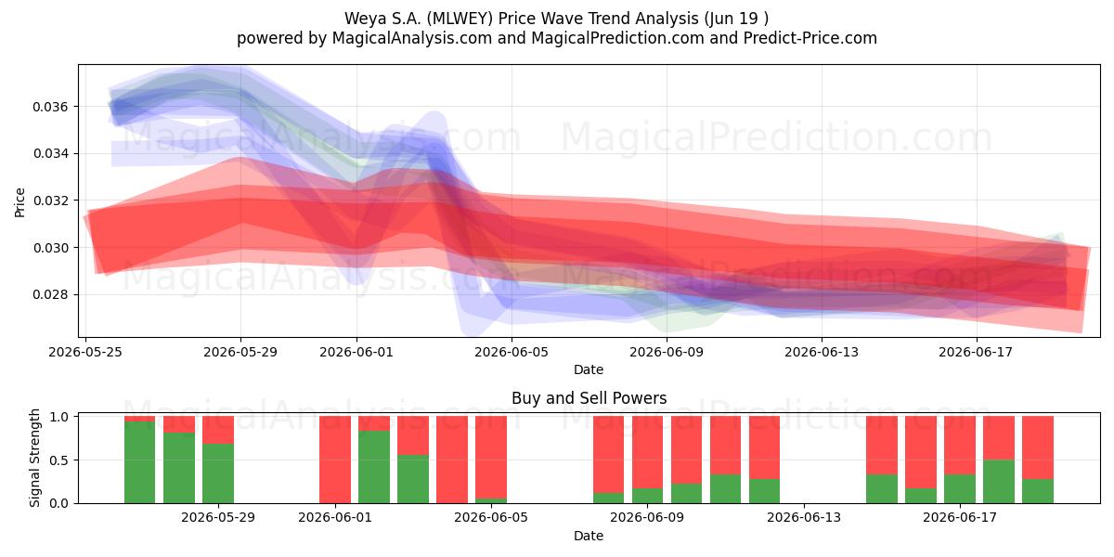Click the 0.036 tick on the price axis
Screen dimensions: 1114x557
click(x=50, y=107)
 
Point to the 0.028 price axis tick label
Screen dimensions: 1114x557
click(x=50, y=295)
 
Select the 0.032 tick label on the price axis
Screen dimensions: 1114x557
click(x=50, y=201)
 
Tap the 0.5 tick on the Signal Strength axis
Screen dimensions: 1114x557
click(x=59, y=460)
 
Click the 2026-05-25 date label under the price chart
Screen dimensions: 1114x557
click(x=85, y=352)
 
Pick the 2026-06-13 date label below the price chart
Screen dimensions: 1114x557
click(x=822, y=352)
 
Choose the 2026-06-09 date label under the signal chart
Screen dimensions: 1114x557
click(x=647, y=517)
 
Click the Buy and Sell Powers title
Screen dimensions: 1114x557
click(x=589, y=398)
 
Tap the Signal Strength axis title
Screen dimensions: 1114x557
click(x=34, y=458)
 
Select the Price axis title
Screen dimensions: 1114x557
click(x=19, y=202)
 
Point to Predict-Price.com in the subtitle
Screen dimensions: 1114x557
click(x=810, y=38)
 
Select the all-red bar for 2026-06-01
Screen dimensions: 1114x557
click(x=335, y=460)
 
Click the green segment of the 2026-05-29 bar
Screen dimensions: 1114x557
click(x=218, y=473)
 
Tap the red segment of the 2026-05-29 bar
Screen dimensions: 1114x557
click(x=218, y=430)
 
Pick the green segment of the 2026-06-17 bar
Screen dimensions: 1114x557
click(x=960, y=489)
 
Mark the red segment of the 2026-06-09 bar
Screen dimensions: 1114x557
click(x=647, y=452)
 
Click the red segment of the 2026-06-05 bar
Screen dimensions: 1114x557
click(x=491, y=457)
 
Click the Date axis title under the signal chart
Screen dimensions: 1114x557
click(x=589, y=536)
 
